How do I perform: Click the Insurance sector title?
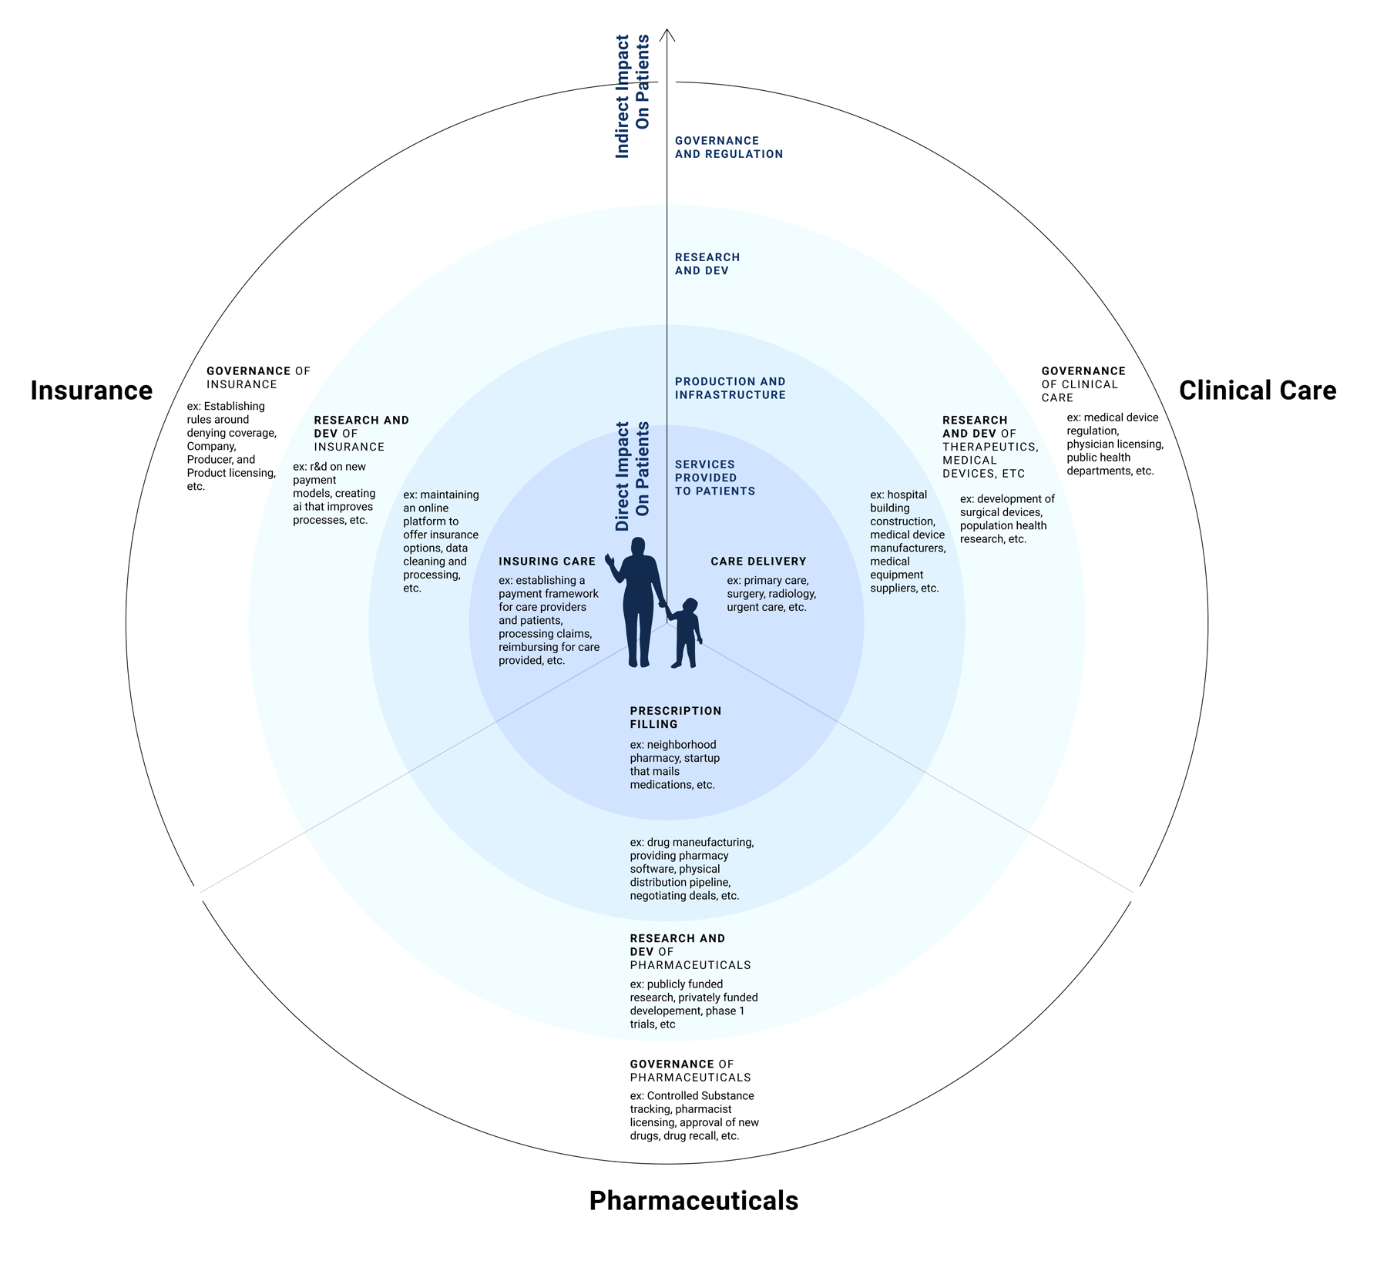[x=92, y=391]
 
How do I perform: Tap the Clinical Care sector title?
[x=1258, y=391]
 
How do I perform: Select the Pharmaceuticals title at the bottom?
[x=693, y=1201]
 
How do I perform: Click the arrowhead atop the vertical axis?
[x=668, y=35]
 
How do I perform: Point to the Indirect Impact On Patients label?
[x=633, y=96]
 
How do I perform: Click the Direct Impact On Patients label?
[x=633, y=476]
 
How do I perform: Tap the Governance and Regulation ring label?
[x=729, y=147]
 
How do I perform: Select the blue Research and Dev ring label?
[x=707, y=263]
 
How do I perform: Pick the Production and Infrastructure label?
[x=730, y=388]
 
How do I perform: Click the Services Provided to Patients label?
[x=715, y=478]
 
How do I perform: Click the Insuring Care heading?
[x=547, y=562]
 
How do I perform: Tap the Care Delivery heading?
[x=758, y=562]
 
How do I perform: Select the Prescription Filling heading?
[x=676, y=717]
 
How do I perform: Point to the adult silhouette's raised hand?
[x=610, y=560]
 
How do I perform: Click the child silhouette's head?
[x=690, y=606]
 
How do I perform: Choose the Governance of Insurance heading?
[x=258, y=377]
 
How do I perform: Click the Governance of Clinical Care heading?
[x=1083, y=384]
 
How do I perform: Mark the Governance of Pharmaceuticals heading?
[x=690, y=1071]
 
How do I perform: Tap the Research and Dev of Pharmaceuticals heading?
[x=690, y=951]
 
